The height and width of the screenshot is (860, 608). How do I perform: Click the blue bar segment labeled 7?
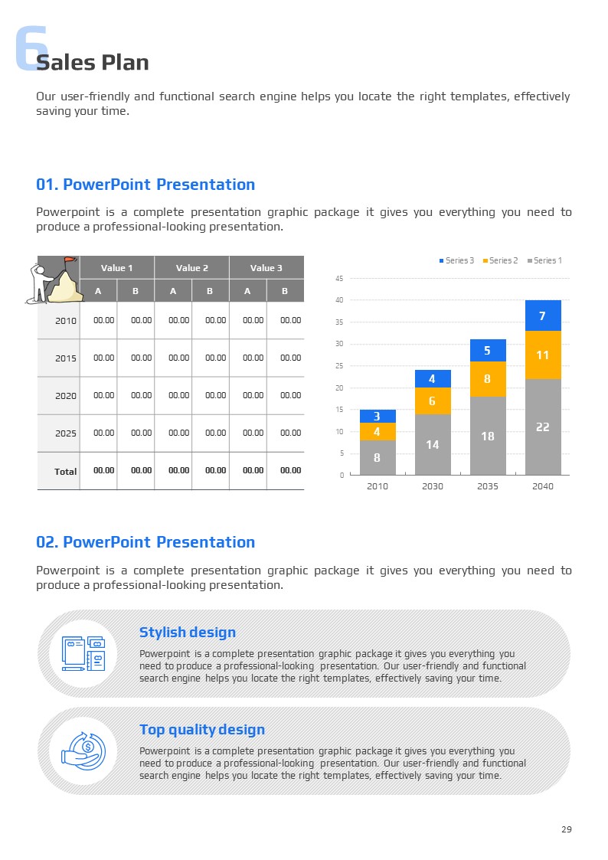[543, 316]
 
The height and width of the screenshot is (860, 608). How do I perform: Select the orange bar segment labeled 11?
[543, 355]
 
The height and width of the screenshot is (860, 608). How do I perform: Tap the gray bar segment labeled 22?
[543, 427]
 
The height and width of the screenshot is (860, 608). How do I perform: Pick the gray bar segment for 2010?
[378, 458]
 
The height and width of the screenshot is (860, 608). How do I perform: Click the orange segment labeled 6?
[433, 401]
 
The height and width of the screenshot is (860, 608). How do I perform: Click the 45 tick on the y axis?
[339, 279]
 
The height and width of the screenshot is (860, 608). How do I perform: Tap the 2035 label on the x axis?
[487, 486]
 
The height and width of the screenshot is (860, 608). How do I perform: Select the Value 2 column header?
[191, 267]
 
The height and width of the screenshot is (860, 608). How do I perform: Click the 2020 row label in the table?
[66, 396]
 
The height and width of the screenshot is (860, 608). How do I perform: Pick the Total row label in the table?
[65, 471]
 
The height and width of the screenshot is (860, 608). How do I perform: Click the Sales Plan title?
[93, 62]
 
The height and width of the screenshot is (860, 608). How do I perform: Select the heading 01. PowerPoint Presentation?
[145, 185]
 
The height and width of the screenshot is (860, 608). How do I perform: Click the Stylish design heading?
[188, 632]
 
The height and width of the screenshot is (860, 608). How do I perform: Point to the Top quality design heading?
[202, 729]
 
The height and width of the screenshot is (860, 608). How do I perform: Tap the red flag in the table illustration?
[70, 260]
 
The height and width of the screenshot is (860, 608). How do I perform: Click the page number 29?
[566, 829]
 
